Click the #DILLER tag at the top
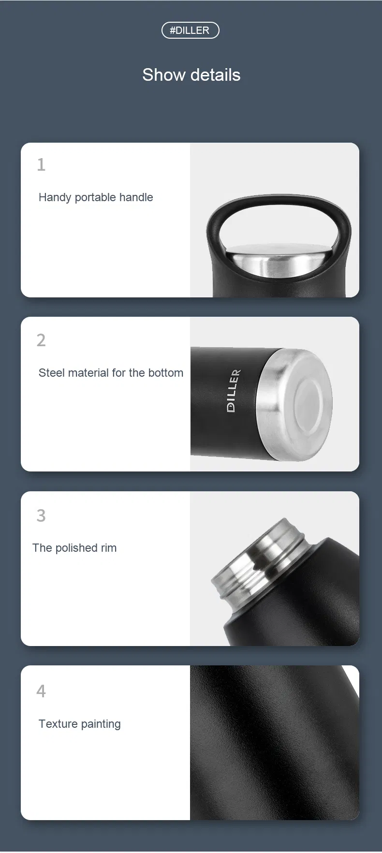point(190,30)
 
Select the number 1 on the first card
point(41,165)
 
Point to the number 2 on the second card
point(41,340)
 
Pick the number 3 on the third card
point(41,515)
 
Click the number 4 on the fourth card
point(41,691)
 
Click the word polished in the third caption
point(77,548)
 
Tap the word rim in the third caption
point(108,548)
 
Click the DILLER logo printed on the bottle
point(234,391)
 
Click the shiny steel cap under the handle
point(274,261)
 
